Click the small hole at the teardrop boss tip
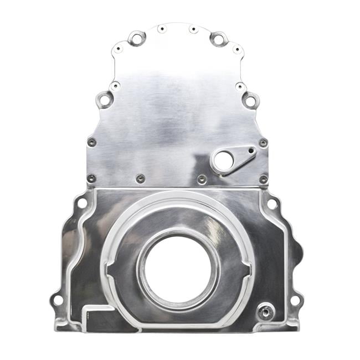[x=251, y=150]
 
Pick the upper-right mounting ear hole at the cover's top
[x=219, y=39]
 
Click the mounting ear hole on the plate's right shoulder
[x=250, y=101]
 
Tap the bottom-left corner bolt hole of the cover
[x=57, y=301]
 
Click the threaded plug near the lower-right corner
[x=266, y=312]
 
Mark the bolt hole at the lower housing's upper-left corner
[x=82, y=203]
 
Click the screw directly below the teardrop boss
[x=202, y=179]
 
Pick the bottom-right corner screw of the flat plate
[x=263, y=179]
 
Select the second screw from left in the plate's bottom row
[x=140, y=178]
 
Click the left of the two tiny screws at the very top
[x=161, y=29]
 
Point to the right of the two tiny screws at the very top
[x=193, y=29]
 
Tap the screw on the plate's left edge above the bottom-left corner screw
[x=92, y=142]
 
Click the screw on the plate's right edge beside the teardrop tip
[x=263, y=143]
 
